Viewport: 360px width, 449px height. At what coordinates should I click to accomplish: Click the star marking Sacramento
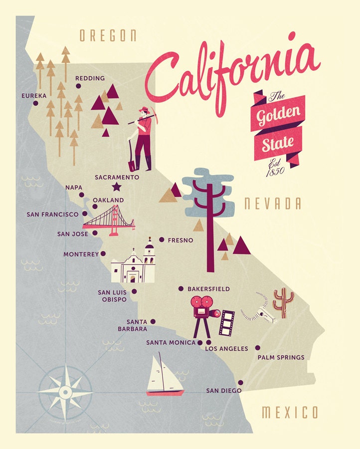117,187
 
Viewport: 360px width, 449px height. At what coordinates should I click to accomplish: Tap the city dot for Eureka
35,103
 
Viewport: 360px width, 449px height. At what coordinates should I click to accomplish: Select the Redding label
90,78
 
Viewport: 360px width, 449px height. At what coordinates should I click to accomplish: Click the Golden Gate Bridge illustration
109,220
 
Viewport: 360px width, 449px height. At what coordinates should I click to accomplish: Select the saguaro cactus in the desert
283,302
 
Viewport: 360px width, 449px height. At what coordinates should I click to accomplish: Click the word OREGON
108,35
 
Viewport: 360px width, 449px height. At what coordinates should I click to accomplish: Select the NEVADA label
272,204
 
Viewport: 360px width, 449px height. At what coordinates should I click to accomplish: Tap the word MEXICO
290,413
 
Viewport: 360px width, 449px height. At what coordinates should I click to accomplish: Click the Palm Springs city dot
258,348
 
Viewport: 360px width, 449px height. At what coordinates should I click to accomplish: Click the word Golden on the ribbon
279,116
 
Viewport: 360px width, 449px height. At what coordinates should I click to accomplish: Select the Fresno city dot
162,240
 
